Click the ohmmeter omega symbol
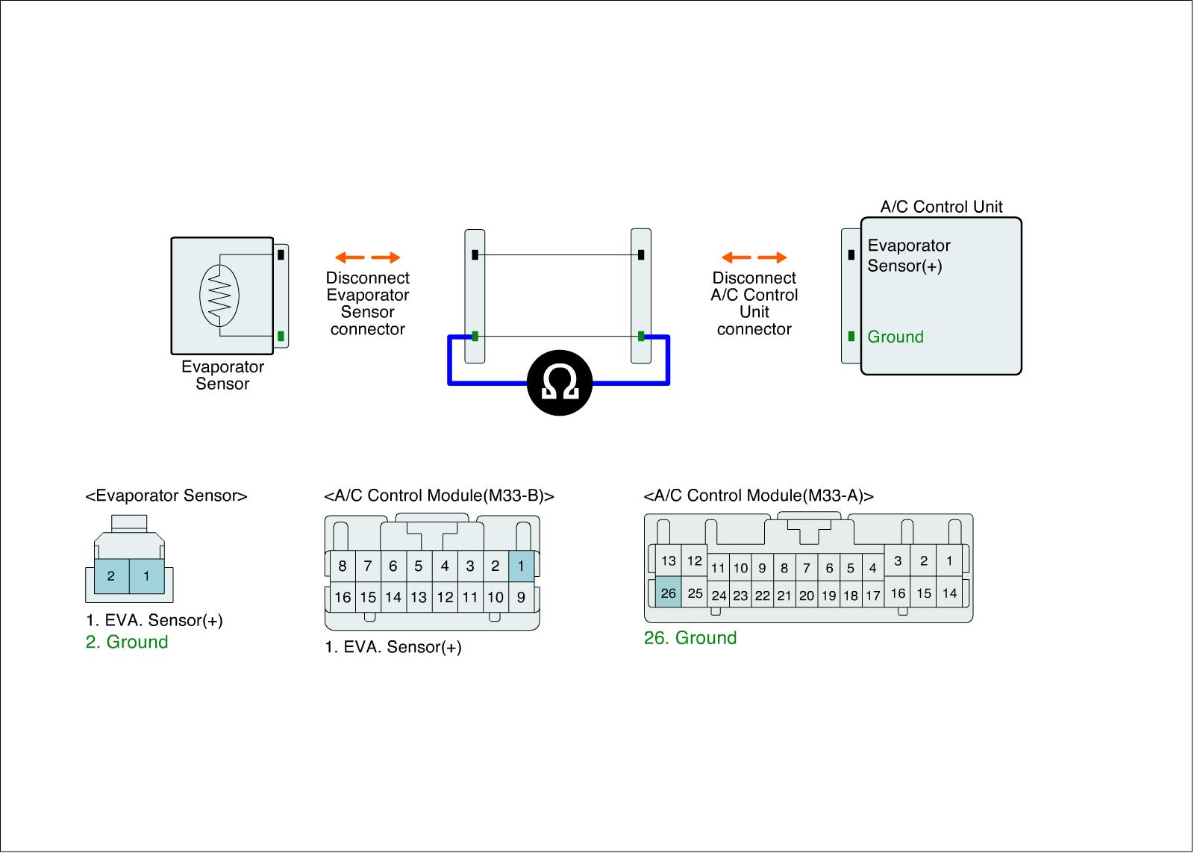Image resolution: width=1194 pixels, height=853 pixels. [x=560, y=383]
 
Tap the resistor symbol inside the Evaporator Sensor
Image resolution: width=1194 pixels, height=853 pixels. [x=219, y=296]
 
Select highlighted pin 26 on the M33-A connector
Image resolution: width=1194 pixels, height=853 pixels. [x=668, y=592]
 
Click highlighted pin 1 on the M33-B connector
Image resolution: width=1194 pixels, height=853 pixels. [x=521, y=566]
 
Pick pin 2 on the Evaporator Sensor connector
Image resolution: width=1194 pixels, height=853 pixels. [x=111, y=576]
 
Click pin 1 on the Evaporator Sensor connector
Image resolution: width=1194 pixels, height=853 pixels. [x=146, y=576]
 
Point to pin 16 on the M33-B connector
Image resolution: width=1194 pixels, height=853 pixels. [x=343, y=597]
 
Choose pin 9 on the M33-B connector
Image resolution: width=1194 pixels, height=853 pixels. [x=521, y=597]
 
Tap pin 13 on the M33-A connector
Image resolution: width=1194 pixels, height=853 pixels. [x=668, y=560]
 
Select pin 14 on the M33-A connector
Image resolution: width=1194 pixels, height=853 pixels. [x=949, y=593]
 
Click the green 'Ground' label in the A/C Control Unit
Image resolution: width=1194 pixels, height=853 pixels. [x=895, y=337]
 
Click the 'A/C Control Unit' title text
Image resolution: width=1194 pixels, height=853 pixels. [x=941, y=206]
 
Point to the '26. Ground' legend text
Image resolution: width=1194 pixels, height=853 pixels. [x=690, y=637]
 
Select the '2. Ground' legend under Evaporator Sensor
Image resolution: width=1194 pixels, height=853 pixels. [x=127, y=641]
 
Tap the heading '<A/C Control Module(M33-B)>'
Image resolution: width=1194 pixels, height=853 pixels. [x=440, y=496]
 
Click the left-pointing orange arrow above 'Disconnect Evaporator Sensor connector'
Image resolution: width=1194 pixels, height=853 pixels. [x=350, y=257]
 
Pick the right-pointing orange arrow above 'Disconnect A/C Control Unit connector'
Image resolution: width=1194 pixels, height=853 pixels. [x=772, y=257]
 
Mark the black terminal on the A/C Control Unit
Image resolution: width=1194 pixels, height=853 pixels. [x=851, y=254]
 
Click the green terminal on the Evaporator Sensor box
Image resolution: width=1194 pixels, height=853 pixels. [x=281, y=337]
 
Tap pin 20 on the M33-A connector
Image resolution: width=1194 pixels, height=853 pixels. [x=807, y=596]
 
